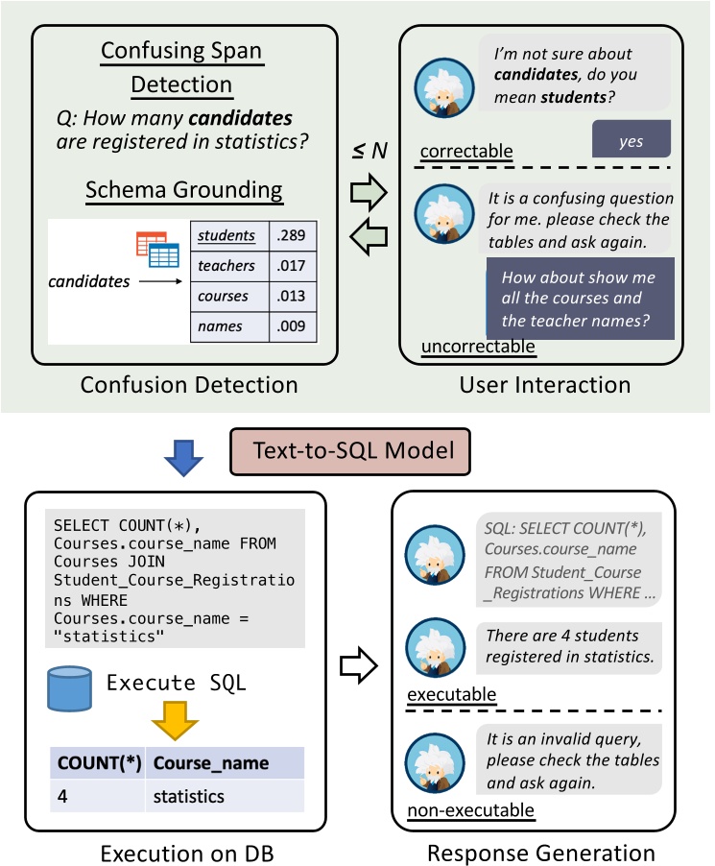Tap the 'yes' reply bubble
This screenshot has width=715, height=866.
tap(631, 141)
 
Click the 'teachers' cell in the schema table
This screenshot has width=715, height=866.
tap(226, 266)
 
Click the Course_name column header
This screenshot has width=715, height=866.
tap(211, 764)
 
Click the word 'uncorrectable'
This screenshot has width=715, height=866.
tap(477, 346)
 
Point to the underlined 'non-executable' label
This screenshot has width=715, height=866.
tap(470, 812)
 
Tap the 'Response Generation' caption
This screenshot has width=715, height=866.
tap(541, 852)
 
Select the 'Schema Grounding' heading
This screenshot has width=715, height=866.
tap(183, 189)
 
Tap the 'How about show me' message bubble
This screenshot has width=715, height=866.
tap(580, 298)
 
